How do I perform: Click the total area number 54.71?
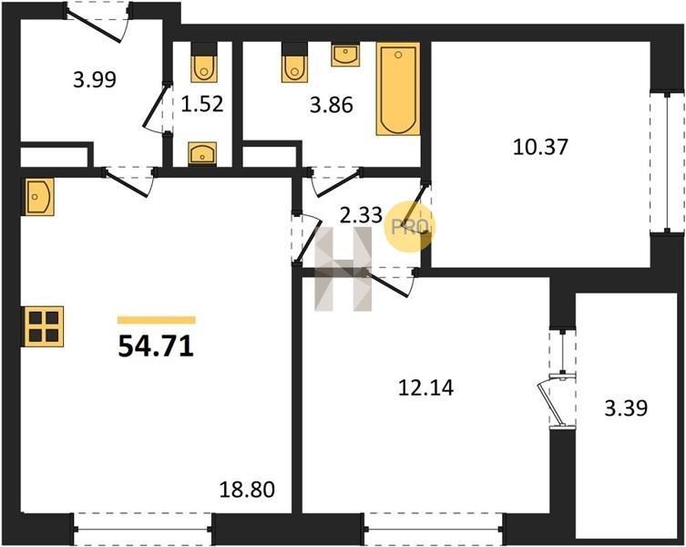click(x=156, y=347)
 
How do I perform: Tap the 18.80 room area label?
click(x=247, y=490)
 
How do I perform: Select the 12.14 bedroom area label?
click(x=426, y=387)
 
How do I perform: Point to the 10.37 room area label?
click(x=541, y=147)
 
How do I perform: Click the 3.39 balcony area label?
click(x=626, y=408)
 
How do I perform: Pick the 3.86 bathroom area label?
click(x=332, y=105)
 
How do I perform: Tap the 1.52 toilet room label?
click(x=202, y=104)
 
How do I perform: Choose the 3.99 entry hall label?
click(x=95, y=80)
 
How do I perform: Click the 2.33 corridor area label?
click(x=362, y=215)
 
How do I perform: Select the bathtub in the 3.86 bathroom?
click(x=398, y=89)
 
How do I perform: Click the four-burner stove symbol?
click(x=45, y=326)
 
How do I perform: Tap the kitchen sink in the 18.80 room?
click(x=39, y=197)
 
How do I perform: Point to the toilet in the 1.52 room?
click(x=204, y=63)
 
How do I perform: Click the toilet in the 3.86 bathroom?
click(x=294, y=63)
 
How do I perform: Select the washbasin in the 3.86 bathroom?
click(x=345, y=55)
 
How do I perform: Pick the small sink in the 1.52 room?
click(x=202, y=153)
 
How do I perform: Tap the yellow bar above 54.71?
click(x=157, y=320)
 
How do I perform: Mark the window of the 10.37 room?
click(x=667, y=162)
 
